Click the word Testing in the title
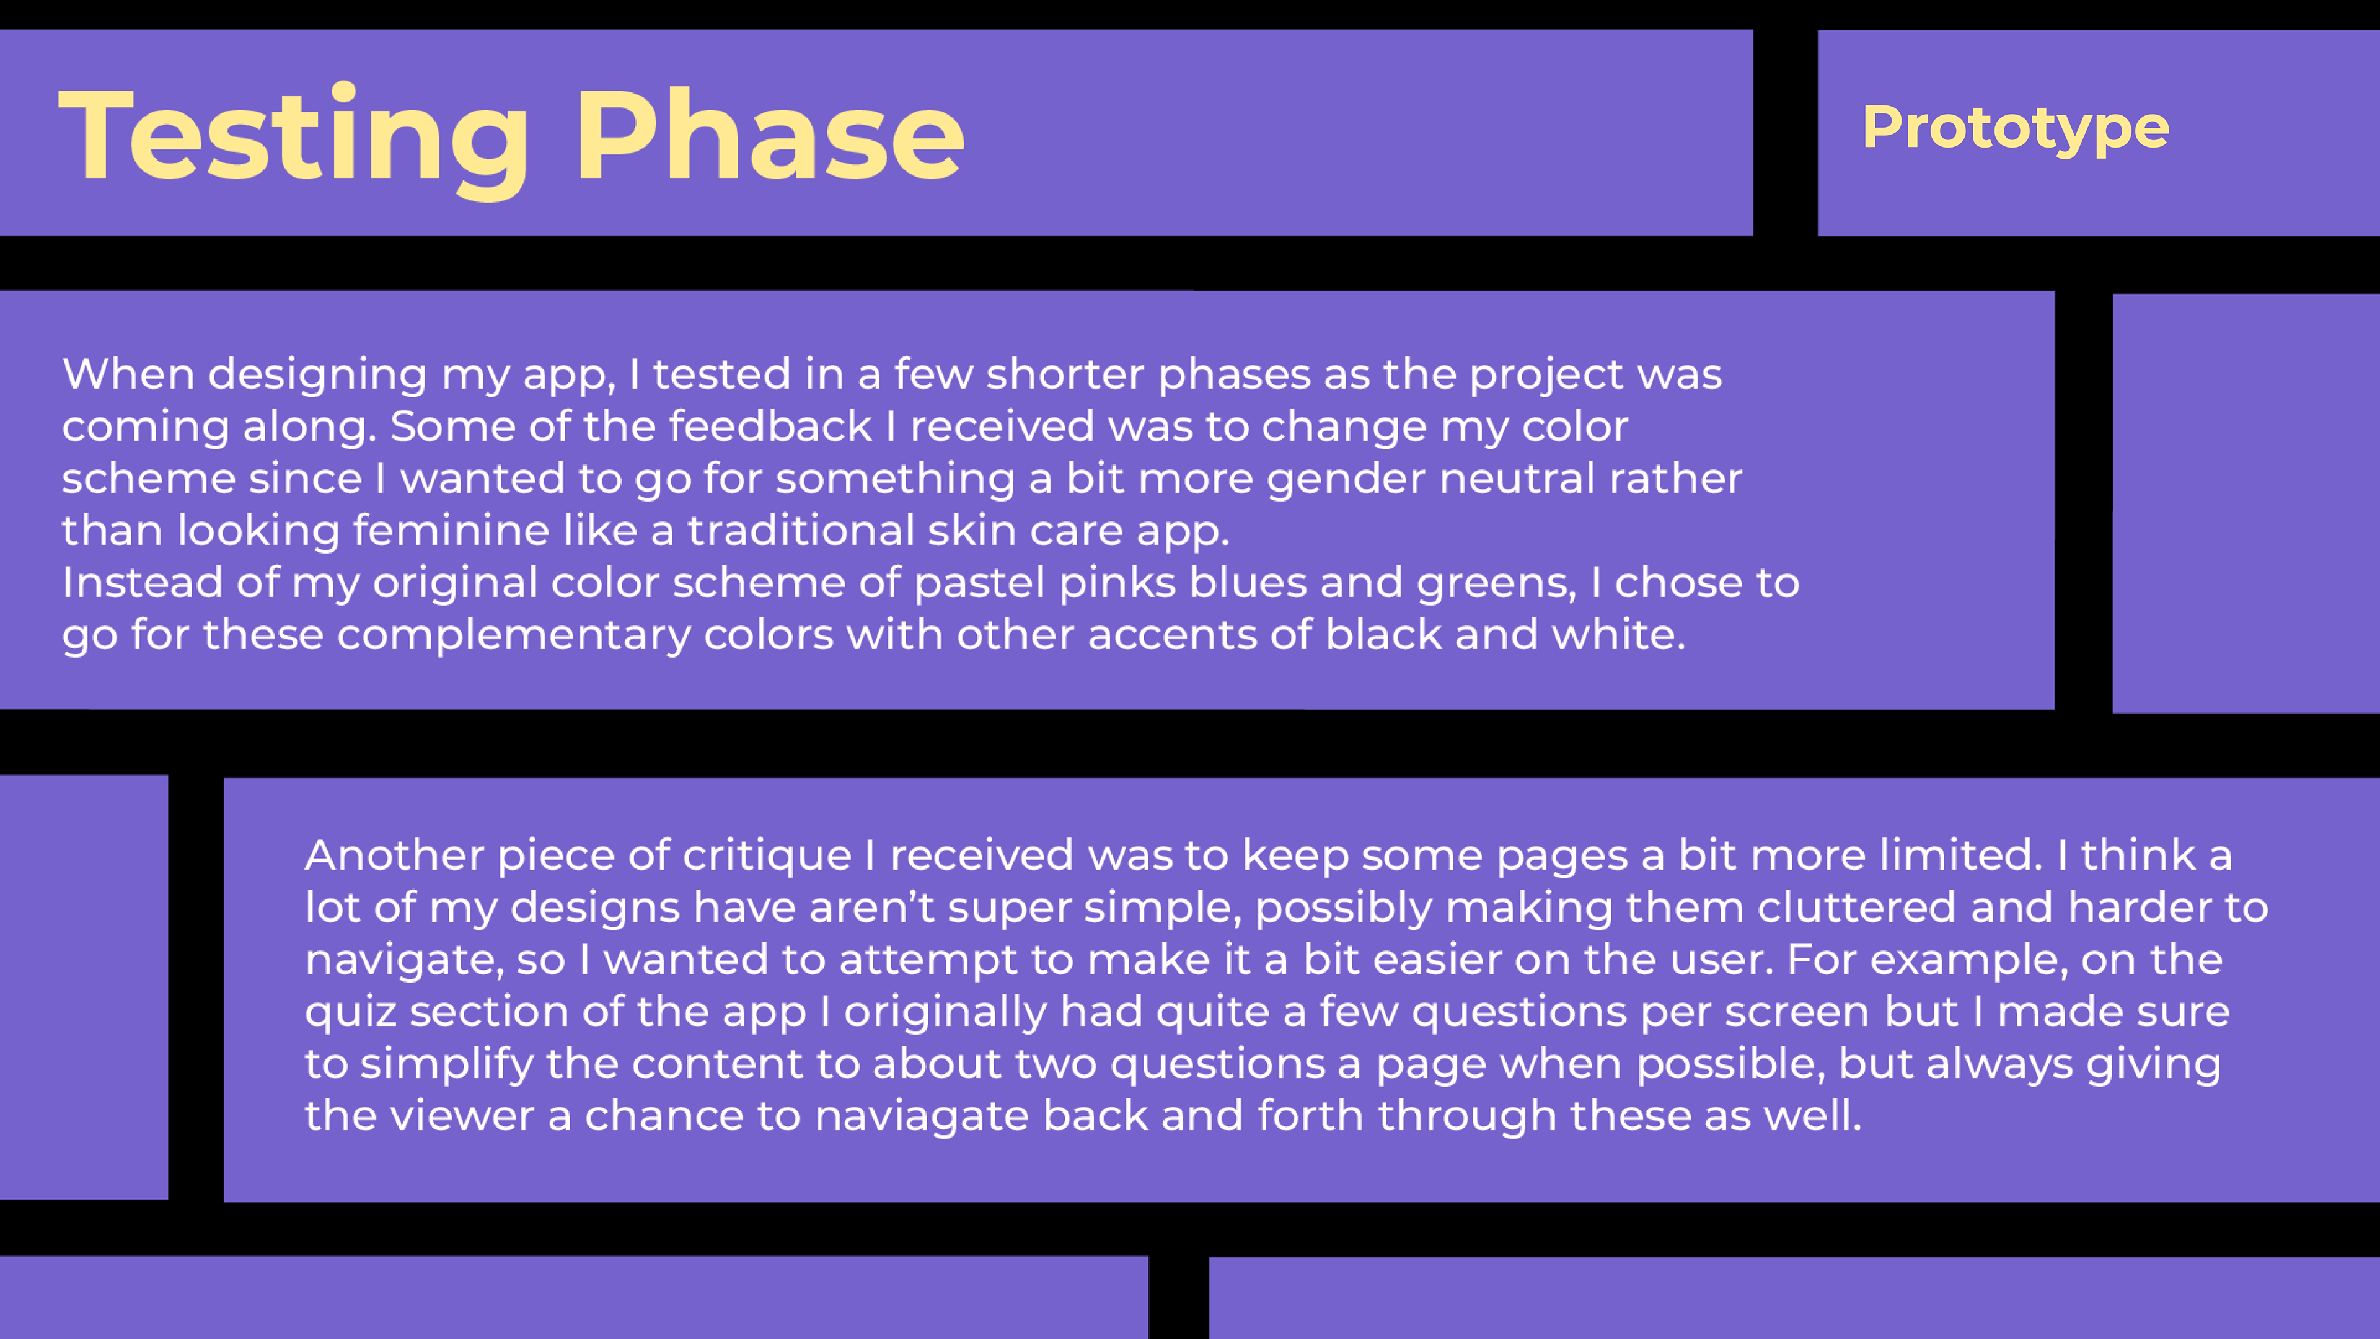tap(294, 139)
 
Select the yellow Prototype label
tap(2015, 130)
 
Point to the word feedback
tap(770, 426)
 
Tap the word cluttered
tap(1857, 908)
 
